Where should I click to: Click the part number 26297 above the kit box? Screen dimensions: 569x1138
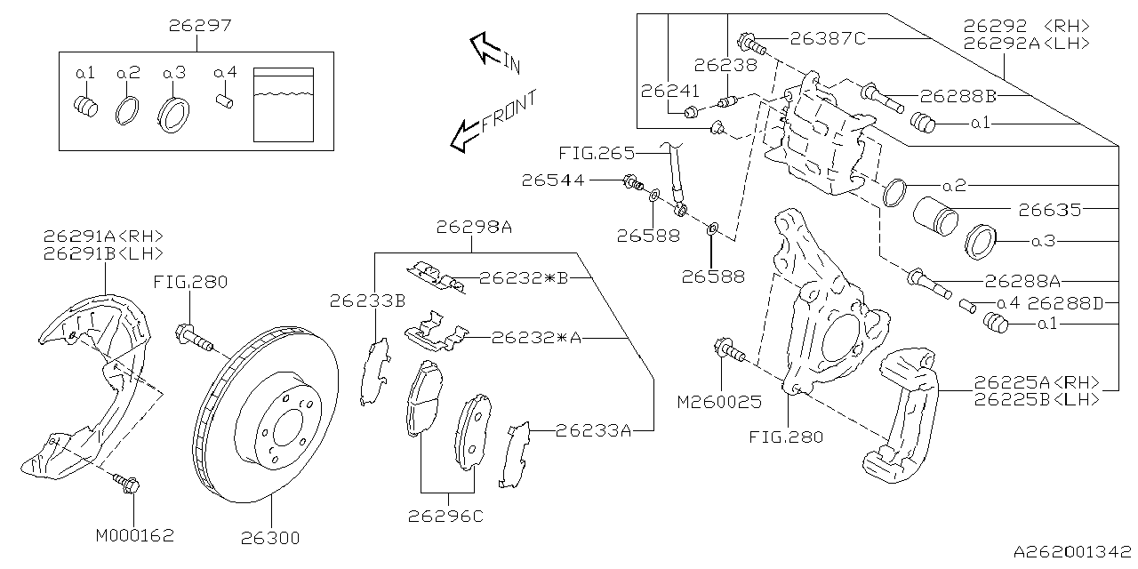(x=200, y=25)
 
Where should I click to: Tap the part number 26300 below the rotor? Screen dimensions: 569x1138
(x=269, y=538)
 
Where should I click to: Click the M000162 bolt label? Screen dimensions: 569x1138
(x=135, y=536)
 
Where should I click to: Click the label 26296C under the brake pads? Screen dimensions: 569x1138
(x=445, y=517)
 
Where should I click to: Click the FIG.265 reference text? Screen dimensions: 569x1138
(x=597, y=153)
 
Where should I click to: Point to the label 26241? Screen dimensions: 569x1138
(x=669, y=91)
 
